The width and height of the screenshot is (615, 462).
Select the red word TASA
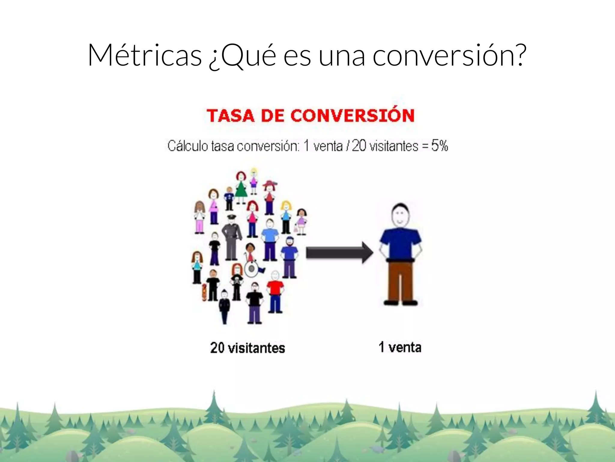[x=230, y=116]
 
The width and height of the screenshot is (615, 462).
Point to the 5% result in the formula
[x=439, y=146]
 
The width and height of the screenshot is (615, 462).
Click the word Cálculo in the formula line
[x=187, y=146]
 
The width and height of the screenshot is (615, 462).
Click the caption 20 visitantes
[x=247, y=348]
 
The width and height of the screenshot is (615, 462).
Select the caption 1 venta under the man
[x=400, y=347]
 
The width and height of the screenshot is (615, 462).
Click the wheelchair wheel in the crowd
[x=251, y=269]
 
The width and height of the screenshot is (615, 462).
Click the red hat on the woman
[x=270, y=183]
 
